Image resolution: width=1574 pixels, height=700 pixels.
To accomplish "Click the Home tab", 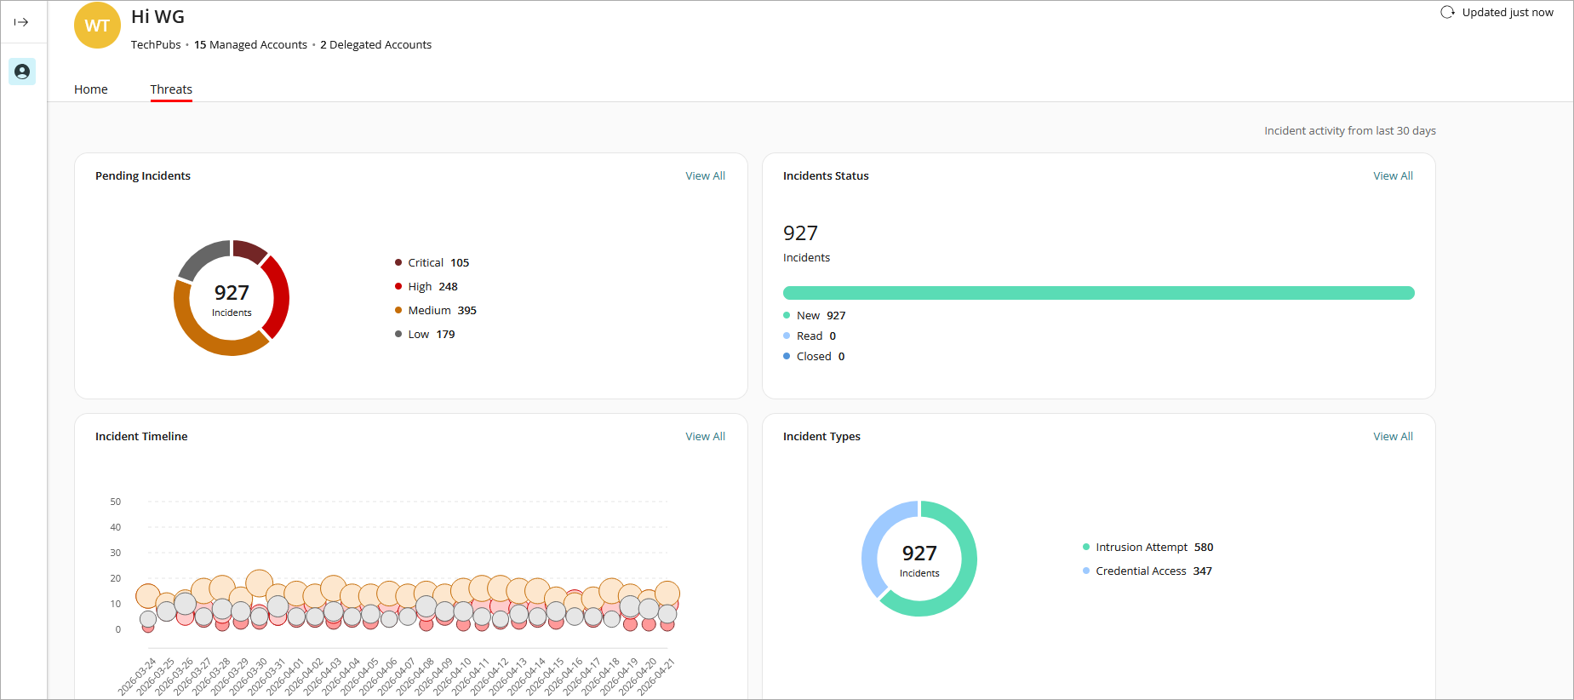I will [x=91, y=89].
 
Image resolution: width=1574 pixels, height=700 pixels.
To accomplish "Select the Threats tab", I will [x=171, y=89].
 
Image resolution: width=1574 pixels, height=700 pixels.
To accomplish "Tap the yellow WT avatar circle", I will [x=97, y=26].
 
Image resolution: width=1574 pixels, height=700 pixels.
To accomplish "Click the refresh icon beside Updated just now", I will [x=1447, y=13].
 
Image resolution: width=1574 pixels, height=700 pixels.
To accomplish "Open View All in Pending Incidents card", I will [x=705, y=176].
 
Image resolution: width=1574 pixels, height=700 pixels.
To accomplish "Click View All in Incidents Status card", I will [x=1393, y=176].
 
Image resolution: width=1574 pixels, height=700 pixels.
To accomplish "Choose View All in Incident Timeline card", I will [x=705, y=437].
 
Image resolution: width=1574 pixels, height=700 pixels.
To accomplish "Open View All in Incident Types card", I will [x=1393, y=437].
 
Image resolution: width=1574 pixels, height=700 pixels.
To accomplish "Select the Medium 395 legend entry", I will [x=441, y=311].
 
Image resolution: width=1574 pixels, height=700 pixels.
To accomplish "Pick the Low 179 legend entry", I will [x=431, y=335].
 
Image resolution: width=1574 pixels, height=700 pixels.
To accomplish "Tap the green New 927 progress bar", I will [x=1098, y=293].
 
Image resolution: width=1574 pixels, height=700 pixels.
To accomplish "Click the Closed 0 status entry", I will [x=819, y=357].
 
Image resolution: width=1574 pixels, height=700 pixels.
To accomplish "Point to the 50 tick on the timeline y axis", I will [x=116, y=502].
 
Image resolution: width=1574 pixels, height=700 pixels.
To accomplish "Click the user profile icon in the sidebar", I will [x=22, y=72].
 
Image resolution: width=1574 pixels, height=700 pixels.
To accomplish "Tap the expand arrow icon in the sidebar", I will [x=21, y=22].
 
